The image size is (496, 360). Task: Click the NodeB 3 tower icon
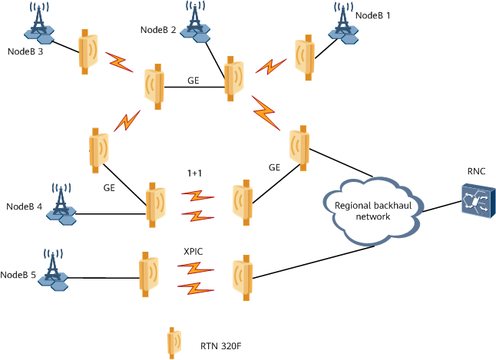point(39,25)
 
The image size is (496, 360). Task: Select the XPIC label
point(193,251)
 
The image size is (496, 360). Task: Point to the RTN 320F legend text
point(223,345)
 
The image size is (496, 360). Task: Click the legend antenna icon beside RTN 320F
point(174,343)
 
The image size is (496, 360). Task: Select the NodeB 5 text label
point(18,275)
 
